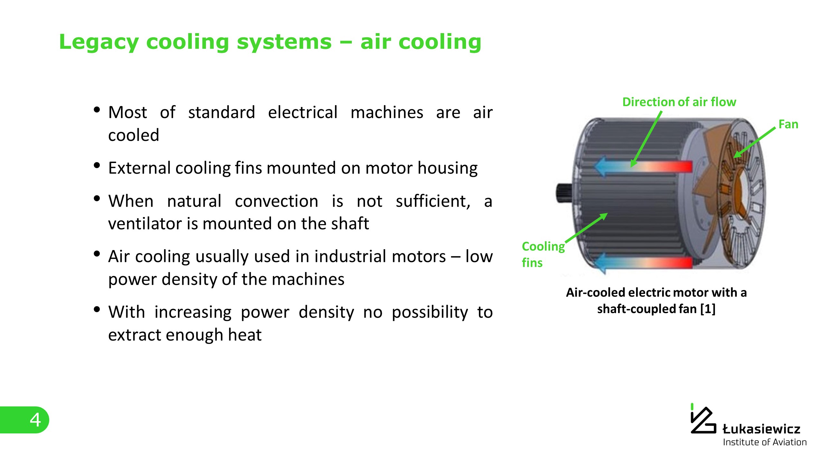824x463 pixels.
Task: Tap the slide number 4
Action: click(x=35, y=420)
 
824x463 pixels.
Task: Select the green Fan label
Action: click(x=788, y=124)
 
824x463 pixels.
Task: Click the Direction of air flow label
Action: click(x=679, y=102)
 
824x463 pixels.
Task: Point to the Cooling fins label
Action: click(x=543, y=254)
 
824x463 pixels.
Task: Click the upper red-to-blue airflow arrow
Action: click(x=642, y=167)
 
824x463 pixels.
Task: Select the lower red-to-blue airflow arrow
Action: click(x=642, y=262)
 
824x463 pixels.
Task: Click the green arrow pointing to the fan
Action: click(x=754, y=142)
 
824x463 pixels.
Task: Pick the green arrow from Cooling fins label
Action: click(x=586, y=228)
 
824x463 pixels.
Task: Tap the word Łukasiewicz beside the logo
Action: click(x=761, y=429)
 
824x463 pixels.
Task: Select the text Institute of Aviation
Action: click(x=765, y=442)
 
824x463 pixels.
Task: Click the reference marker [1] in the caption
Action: click(x=708, y=309)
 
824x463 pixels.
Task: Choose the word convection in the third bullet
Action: click(x=276, y=201)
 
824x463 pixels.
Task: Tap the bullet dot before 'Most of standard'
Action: click(x=97, y=110)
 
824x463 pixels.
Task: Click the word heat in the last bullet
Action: click(x=245, y=335)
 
